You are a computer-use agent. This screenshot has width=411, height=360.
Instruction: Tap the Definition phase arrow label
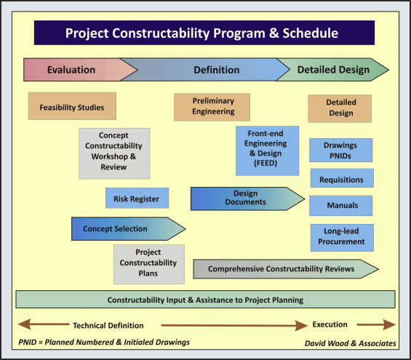click(x=216, y=70)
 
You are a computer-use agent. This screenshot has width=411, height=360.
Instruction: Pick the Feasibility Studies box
click(x=71, y=107)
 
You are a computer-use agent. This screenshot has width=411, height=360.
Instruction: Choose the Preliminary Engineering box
click(x=212, y=107)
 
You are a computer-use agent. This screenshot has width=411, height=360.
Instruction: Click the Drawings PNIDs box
click(x=340, y=151)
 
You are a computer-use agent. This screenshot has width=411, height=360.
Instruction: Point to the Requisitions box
click(x=341, y=178)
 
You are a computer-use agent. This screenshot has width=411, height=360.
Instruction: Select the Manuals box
click(x=341, y=206)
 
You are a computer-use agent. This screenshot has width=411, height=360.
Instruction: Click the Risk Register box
click(x=137, y=199)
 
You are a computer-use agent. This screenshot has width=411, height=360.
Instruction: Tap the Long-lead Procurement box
click(x=341, y=237)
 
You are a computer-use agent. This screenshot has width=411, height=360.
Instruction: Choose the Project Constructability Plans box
click(x=148, y=263)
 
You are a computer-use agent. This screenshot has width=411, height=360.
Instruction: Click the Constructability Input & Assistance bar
click(x=205, y=299)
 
